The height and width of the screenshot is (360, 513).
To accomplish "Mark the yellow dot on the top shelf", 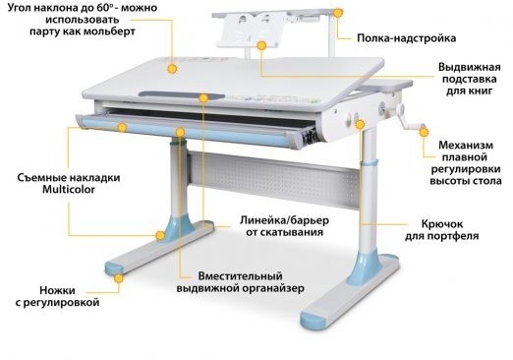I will pos(338,14).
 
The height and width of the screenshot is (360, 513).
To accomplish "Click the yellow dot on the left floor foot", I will pos(119,278).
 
